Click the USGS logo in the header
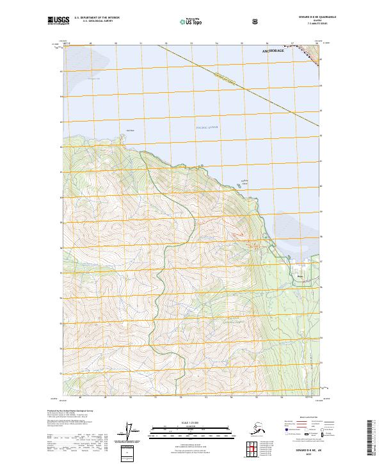point(58,21)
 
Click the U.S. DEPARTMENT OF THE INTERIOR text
point(97,18)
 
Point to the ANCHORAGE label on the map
point(276,49)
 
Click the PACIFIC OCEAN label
point(207,127)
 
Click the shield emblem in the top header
point(255,21)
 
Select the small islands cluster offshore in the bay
point(244,180)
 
